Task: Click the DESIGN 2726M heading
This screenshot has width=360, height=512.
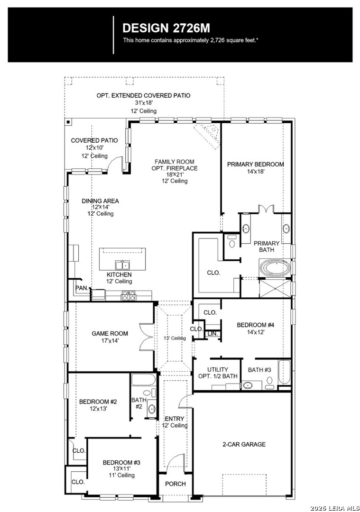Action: (166, 28)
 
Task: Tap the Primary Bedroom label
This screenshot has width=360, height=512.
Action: (256, 164)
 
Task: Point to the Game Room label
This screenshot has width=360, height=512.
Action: (110, 334)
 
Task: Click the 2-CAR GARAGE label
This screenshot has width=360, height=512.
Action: (244, 444)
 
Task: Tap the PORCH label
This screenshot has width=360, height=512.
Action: (175, 484)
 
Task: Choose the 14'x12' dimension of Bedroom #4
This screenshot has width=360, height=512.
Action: (256, 332)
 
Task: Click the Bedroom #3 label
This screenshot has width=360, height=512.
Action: (121, 462)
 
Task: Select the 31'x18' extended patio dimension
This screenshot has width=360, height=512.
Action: (143, 102)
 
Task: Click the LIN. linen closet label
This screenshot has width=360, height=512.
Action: (212, 334)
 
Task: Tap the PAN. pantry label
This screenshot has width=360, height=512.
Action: (82, 288)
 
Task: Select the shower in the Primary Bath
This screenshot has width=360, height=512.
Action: (275, 288)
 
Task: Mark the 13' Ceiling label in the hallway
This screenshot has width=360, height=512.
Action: (175, 338)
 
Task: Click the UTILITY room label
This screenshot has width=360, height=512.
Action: (218, 369)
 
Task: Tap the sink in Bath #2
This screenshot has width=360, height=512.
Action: (152, 408)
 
